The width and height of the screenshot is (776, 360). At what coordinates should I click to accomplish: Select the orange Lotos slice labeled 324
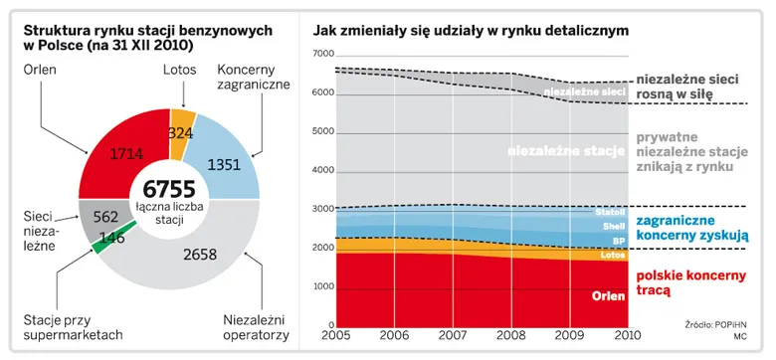point(180,131)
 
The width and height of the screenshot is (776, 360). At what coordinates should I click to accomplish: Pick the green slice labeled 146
point(112,238)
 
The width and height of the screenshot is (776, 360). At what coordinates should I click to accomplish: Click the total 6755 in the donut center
point(169,187)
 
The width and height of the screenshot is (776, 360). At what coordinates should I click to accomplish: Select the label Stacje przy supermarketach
point(72,327)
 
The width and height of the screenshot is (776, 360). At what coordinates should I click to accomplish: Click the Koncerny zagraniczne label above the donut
point(253,78)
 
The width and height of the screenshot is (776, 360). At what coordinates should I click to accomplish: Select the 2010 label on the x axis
point(629,336)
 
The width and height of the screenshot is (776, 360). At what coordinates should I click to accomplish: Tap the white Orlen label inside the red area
point(607,295)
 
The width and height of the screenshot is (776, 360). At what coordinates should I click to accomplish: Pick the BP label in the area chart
point(617,240)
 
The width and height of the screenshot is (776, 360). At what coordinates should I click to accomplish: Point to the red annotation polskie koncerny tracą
point(689,282)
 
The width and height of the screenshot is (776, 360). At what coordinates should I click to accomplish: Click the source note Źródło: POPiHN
point(715,325)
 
